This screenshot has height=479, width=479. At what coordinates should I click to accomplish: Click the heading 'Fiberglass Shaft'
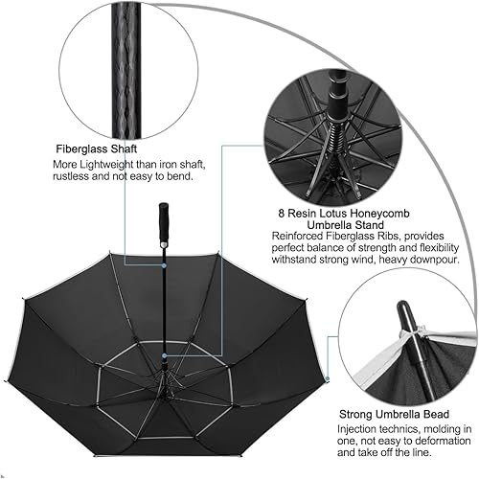pos(101,149)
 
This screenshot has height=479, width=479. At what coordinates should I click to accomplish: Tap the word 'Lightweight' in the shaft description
pos(108,164)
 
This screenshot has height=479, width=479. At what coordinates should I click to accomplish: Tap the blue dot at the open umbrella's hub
pos(164,355)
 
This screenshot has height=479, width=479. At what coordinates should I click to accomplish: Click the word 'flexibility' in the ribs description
pos(441,243)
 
